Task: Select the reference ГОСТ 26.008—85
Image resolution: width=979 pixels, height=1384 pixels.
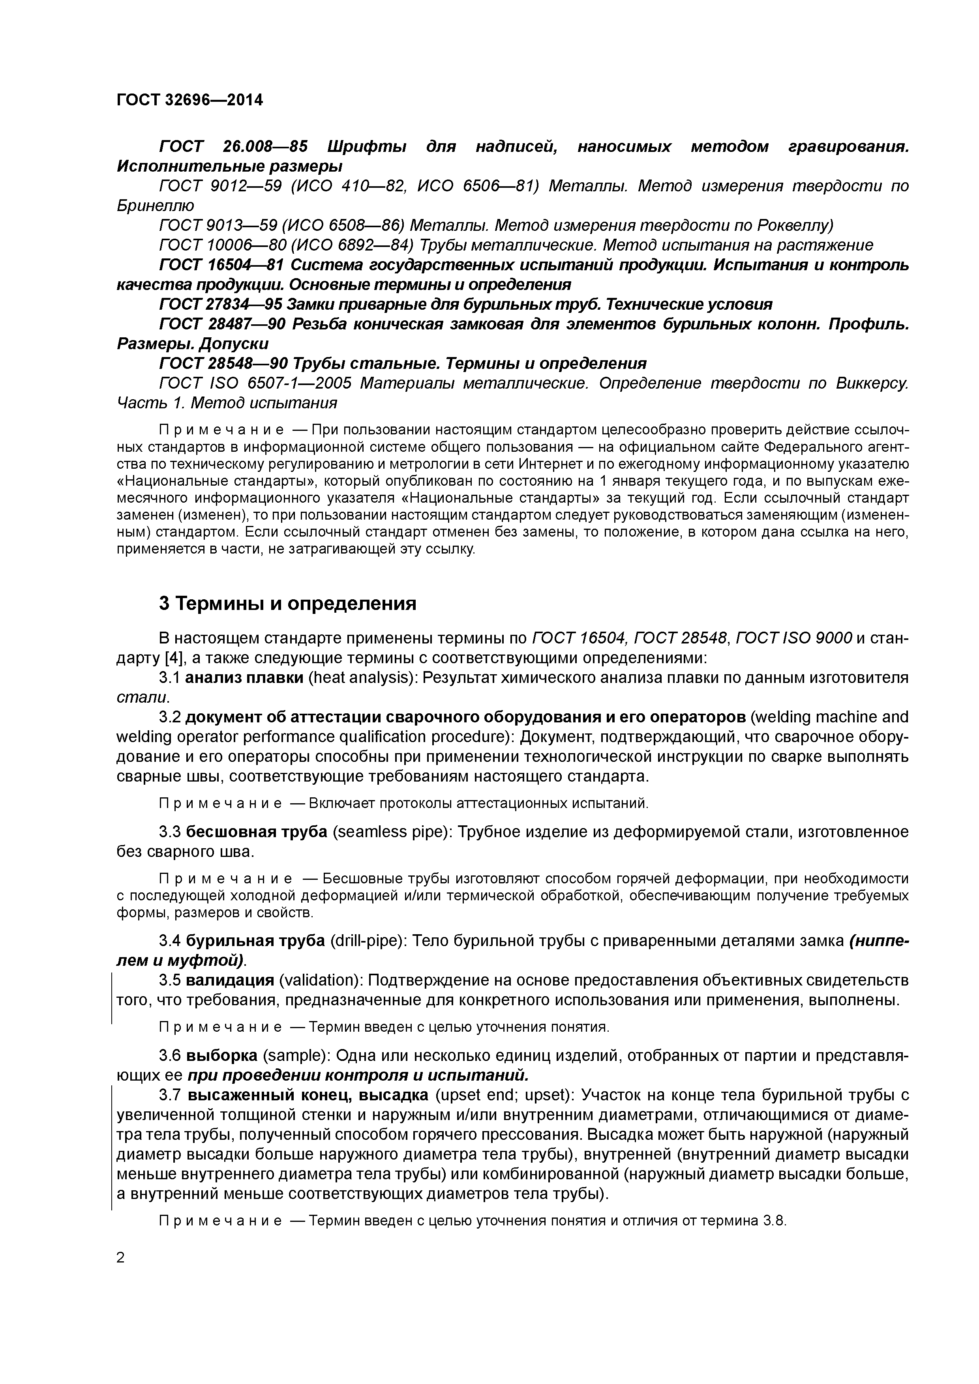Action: coord(233,146)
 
